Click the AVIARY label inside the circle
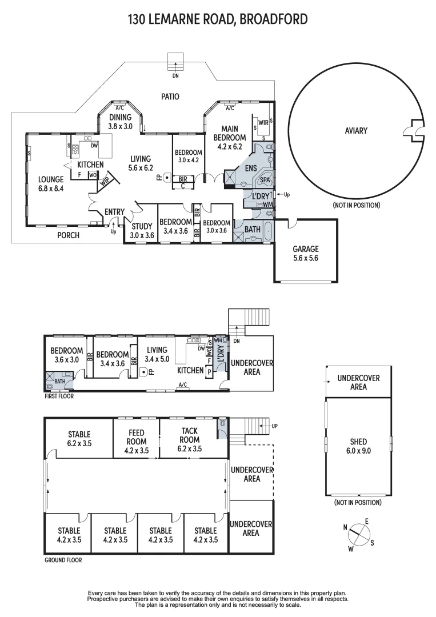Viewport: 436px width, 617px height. click(x=356, y=131)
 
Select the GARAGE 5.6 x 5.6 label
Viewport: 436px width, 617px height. click(x=306, y=253)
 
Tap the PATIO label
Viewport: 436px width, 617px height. click(x=169, y=97)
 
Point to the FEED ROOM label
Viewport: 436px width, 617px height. click(x=136, y=441)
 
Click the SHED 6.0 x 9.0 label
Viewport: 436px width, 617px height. click(x=359, y=446)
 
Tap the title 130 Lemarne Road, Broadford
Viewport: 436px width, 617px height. click(x=218, y=19)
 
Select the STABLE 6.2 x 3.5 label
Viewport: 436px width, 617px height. click(x=79, y=438)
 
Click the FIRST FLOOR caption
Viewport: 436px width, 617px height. click(x=59, y=396)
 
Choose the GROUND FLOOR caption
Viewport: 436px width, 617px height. click(x=63, y=560)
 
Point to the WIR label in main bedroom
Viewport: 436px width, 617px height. click(x=263, y=122)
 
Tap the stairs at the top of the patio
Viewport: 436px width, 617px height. click(x=175, y=61)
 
